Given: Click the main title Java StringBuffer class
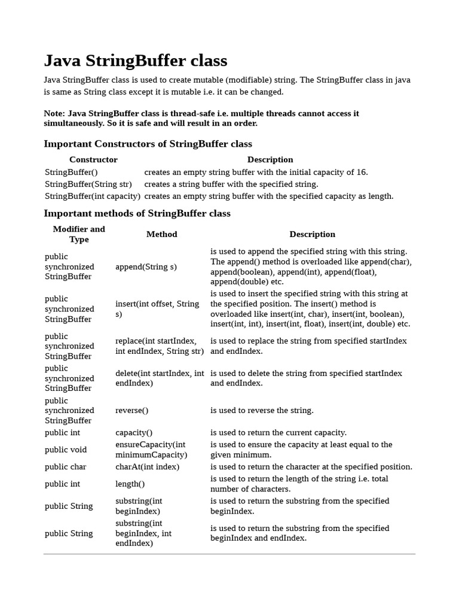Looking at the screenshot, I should [x=136, y=61].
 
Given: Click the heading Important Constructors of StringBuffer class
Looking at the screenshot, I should [x=148, y=144].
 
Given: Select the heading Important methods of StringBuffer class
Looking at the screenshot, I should [x=137, y=213].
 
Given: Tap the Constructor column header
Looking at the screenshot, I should [x=93, y=160].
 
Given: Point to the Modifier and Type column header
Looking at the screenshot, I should [x=79, y=234].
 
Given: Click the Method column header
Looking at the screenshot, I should [x=161, y=234].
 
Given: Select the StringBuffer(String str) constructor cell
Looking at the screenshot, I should [x=88, y=184].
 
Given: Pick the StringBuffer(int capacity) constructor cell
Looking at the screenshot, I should [x=93, y=196].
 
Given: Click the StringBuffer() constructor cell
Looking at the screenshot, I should [x=71, y=172].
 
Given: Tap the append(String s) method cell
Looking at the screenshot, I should [x=146, y=267].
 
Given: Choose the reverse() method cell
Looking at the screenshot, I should [x=131, y=411].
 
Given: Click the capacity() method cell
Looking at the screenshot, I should [x=134, y=433].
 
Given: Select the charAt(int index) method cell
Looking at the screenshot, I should [x=147, y=467].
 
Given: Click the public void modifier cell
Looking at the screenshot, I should [x=66, y=450].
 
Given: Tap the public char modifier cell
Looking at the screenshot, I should [x=65, y=467].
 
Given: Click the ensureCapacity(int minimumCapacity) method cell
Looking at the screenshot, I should [x=150, y=450].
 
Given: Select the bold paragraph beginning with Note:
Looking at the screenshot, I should [x=201, y=118].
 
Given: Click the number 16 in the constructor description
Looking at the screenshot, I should [x=361, y=172].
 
